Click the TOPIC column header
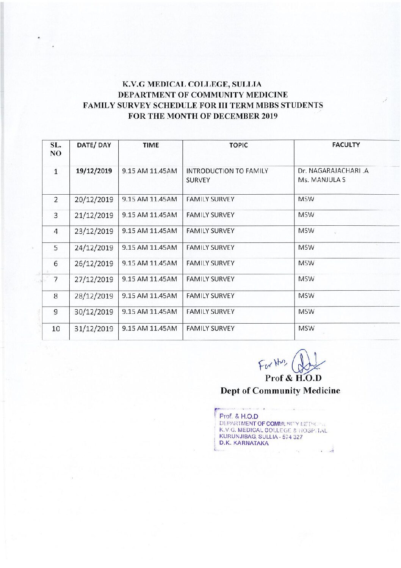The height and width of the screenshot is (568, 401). pyautogui.click(x=238, y=145)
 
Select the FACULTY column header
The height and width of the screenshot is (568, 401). pyautogui.click(x=346, y=145)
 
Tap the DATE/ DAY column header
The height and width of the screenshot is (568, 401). pyautogui.click(x=94, y=145)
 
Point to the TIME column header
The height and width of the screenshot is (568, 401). pyautogui.click(x=151, y=145)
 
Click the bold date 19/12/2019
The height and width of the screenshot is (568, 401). pyautogui.click(x=94, y=171)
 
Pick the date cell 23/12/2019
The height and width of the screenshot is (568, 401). pyautogui.click(x=94, y=231)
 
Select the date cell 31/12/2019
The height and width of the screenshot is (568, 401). pyautogui.click(x=94, y=329)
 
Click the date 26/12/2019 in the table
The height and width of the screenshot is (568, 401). pyautogui.click(x=94, y=263)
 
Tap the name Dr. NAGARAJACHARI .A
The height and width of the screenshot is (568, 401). pyautogui.click(x=333, y=171)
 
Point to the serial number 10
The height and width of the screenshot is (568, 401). pyautogui.click(x=56, y=329)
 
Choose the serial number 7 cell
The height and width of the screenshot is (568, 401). pyautogui.click(x=56, y=279)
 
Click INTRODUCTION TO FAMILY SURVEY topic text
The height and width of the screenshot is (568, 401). pyautogui.click(x=227, y=175)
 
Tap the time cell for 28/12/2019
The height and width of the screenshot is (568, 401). pyautogui.click(x=149, y=296)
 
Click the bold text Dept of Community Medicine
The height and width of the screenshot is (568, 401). pyautogui.click(x=280, y=390)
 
